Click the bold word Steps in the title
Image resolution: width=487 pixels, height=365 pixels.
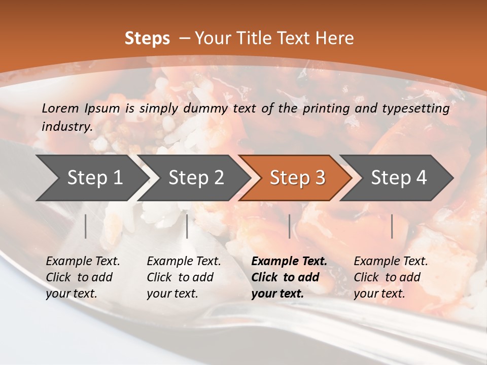pyautogui.click(x=147, y=39)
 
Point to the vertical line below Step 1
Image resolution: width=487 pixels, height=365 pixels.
pyautogui.click(x=86, y=226)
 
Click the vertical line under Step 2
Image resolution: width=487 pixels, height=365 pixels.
pyautogui.click(x=187, y=226)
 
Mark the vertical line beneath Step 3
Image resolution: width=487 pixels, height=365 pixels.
pyautogui.click(x=290, y=226)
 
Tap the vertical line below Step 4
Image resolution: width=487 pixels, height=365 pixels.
pyautogui.click(x=392, y=226)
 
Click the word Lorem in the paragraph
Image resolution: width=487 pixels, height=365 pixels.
pyautogui.click(x=60, y=108)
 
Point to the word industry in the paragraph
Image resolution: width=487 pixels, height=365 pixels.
pyautogui.click(x=66, y=127)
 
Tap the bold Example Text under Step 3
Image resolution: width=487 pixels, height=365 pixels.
pyautogui.click(x=289, y=262)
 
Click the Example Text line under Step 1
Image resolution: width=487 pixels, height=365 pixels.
pyautogui.click(x=83, y=262)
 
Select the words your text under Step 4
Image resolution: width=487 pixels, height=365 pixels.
pyautogui.click(x=379, y=294)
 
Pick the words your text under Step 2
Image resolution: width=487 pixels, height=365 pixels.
pyautogui.click(x=172, y=294)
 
